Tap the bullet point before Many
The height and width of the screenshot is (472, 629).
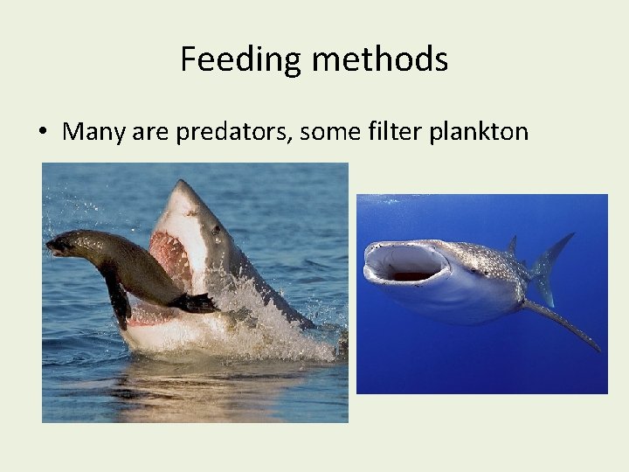[x=42, y=132]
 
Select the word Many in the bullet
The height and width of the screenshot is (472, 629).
[x=93, y=132]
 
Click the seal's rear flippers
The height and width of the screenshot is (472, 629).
[x=197, y=303]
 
